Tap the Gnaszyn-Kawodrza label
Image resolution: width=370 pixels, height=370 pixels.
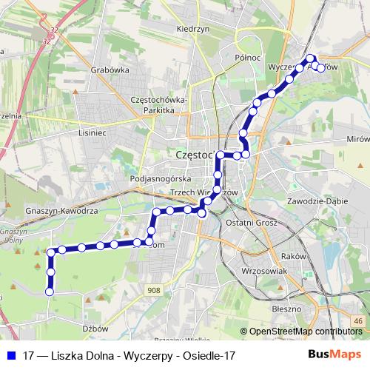pos(62,210)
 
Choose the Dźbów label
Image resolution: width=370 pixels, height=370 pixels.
pos(95,328)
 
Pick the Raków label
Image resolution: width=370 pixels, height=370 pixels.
pos(292,256)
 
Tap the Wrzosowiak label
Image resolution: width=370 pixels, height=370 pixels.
pos(264,272)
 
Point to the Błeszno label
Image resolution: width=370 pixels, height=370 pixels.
pos(286,308)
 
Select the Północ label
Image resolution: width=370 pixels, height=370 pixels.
pos(248,57)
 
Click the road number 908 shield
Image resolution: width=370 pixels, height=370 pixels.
pos(153,291)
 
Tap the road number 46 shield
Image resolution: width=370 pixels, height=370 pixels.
pos(358,320)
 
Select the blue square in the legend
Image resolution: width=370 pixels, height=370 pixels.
pos(10,355)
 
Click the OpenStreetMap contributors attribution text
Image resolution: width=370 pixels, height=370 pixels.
pos(306,332)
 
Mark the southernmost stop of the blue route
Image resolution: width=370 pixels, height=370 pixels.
pos(50,292)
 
